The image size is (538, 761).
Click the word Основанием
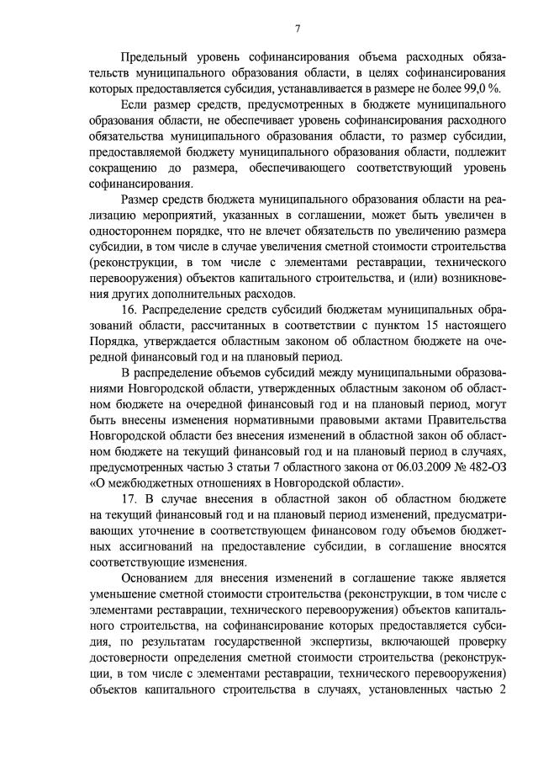coord(156,578)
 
